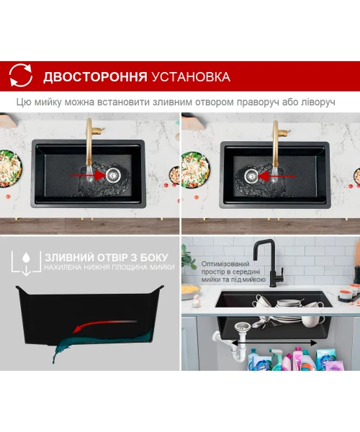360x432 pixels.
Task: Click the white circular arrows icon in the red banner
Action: [21, 75]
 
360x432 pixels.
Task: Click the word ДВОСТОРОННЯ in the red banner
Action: [95, 76]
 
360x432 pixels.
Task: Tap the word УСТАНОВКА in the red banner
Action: [191, 76]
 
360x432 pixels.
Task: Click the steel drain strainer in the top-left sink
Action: [113, 174]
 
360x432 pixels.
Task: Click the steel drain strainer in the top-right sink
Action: [251, 176]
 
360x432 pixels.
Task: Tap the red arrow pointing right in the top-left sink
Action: [88, 175]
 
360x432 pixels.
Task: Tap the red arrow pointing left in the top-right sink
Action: [276, 176]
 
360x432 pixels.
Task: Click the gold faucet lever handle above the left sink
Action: [99, 130]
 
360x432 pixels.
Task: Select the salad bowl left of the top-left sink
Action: [10, 168]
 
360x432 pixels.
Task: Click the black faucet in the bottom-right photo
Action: [270, 262]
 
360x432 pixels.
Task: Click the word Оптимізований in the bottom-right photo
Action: [225, 264]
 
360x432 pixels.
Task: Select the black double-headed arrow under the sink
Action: [274, 343]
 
